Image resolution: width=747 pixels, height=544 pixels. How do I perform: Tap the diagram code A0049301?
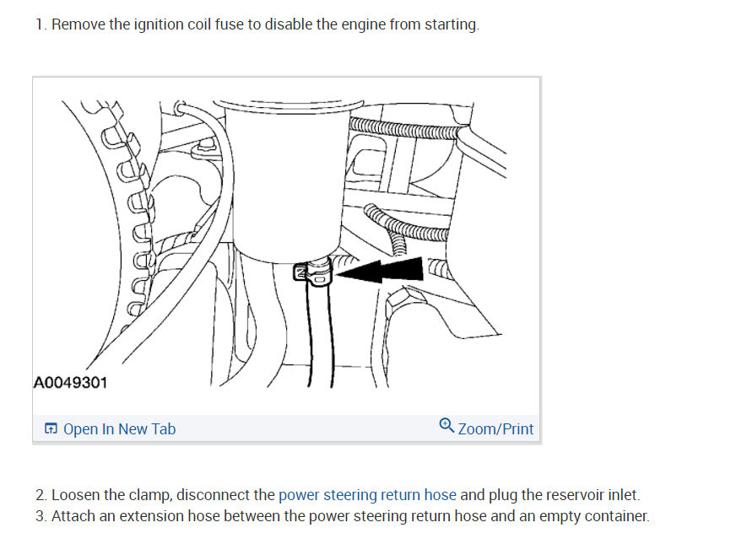[x=71, y=383]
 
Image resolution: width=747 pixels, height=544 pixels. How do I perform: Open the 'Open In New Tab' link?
[x=119, y=428]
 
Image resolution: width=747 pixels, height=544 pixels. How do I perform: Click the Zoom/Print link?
[x=495, y=428]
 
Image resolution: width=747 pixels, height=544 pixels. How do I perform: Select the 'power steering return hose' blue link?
[x=367, y=495]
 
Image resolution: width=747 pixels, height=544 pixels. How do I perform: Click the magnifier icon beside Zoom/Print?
[x=447, y=427]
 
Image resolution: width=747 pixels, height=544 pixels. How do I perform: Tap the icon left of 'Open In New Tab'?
[x=51, y=429]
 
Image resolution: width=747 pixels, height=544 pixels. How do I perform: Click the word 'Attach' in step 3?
[x=73, y=516]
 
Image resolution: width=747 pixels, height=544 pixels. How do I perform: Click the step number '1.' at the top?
[x=41, y=24]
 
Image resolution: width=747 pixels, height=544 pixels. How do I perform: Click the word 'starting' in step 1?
[x=451, y=24]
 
